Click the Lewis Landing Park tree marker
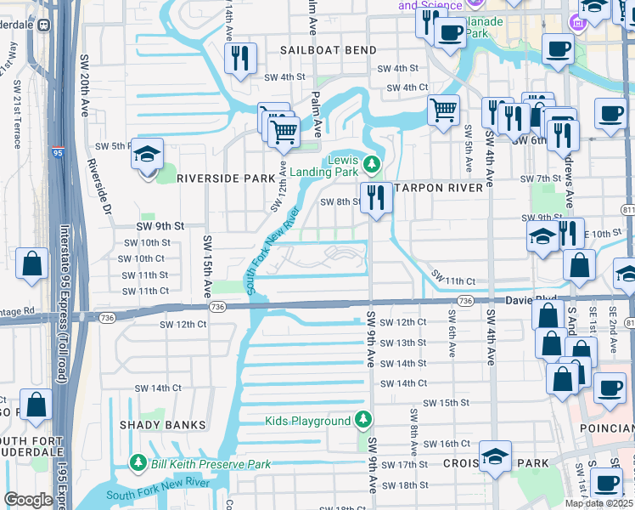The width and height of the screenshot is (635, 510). [x=369, y=164]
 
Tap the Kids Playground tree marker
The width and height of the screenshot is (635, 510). [x=363, y=420]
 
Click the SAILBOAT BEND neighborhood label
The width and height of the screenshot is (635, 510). [x=329, y=50]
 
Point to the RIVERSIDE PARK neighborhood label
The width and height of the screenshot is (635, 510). [x=226, y=178]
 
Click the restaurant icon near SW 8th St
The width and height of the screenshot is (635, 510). [x=374, y=196]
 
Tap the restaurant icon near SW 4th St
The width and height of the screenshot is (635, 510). [x=239, y=58]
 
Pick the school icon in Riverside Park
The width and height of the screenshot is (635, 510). [x=148, y=155]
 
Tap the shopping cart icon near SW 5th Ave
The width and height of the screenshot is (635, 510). [x=443, y=109]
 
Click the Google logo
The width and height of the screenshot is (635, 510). [x=29, y=500]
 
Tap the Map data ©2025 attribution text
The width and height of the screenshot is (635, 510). [x=598, y=503]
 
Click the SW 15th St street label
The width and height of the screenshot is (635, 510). [x=446, y=403]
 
